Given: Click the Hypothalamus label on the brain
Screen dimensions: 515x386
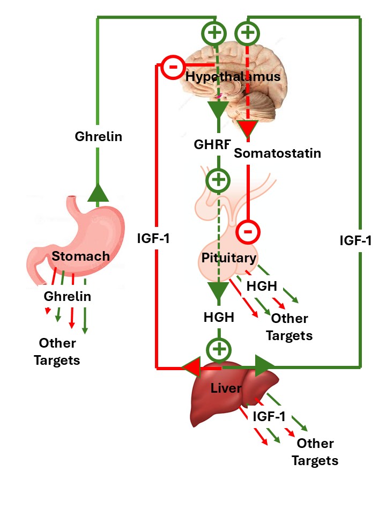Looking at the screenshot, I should (233, 77).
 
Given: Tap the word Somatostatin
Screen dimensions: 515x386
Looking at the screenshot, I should (278, 153).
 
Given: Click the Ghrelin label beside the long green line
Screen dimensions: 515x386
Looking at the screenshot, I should (98, 137).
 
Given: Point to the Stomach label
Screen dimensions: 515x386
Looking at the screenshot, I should (80, 256).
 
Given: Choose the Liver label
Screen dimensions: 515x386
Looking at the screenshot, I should (226, 387).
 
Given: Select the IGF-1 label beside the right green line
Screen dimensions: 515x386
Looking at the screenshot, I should (355, 240).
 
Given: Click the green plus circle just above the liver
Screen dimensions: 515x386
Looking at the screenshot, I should (218, 349).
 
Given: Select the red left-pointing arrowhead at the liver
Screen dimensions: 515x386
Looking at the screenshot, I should (192, 368).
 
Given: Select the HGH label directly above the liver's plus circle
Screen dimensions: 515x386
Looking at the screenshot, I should (219, 317).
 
